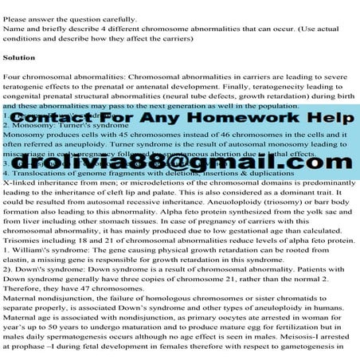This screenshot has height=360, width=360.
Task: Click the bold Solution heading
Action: [x=19, y=58]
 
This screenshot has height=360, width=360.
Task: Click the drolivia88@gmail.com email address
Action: [x=179, y=162]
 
